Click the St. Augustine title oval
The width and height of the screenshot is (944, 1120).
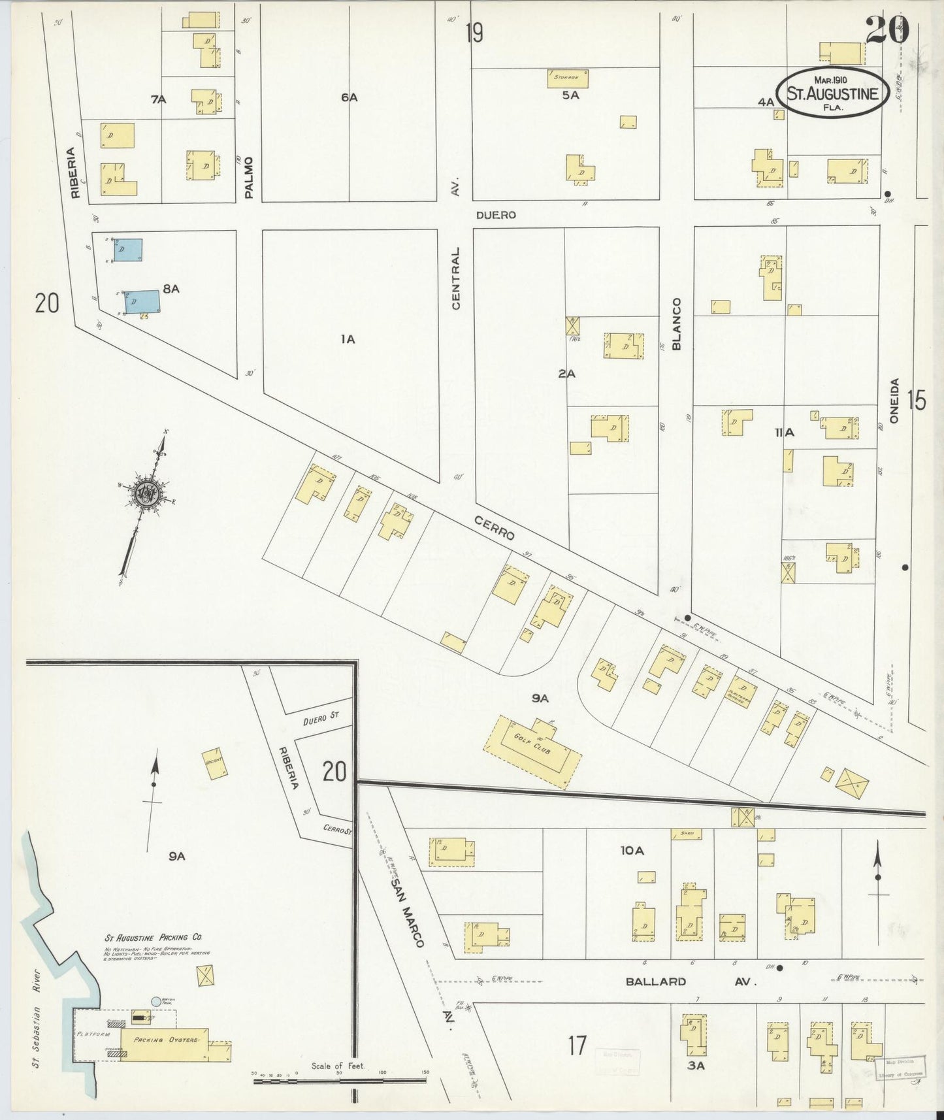pos(832,93)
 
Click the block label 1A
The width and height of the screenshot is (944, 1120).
pos(347,339)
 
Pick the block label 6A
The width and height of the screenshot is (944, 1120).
pos(349,97)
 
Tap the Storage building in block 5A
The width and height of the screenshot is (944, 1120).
pos(567,78)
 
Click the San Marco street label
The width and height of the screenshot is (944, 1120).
pos(408,912)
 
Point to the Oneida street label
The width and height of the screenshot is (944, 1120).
pos(894,401)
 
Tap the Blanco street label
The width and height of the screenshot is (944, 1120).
pos(676,323)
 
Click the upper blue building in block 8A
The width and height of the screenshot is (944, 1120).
pos(128,250)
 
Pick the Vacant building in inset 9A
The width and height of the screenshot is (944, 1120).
pos(214,763)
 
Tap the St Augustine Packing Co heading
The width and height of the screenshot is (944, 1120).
pos(154,937)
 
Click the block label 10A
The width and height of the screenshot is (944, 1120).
pos(632,850)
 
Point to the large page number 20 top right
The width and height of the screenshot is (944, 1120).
pos(887,30)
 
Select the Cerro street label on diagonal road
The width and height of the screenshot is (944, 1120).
pos(495,527)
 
